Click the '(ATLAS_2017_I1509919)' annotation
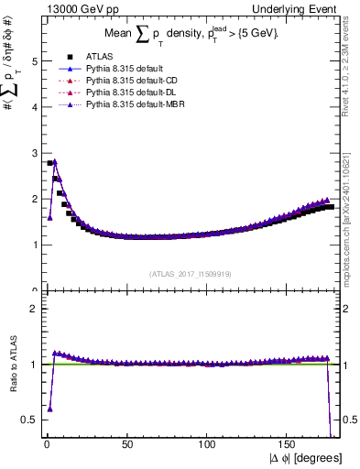(190, 273)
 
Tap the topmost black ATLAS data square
(49, 163)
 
